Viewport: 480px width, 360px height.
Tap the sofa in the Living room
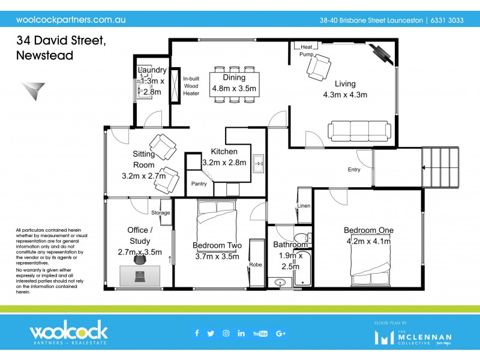click(359, 130)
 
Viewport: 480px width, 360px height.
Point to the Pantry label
click(199, 184)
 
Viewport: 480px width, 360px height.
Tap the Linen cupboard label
click(304, 207)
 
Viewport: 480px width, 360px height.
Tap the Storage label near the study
click(160, 212)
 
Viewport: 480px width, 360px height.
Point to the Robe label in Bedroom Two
click(256, 263)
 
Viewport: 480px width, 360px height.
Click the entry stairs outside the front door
click(441, 167)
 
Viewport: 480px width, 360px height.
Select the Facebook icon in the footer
click(196, 334)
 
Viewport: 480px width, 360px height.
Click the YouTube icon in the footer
click(260, 334)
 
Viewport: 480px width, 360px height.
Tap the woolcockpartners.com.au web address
click(70, 19)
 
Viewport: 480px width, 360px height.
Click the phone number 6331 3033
click(448, 20)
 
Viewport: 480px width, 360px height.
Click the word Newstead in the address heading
click(45, 56)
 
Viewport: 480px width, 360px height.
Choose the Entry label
click(354, 170)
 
